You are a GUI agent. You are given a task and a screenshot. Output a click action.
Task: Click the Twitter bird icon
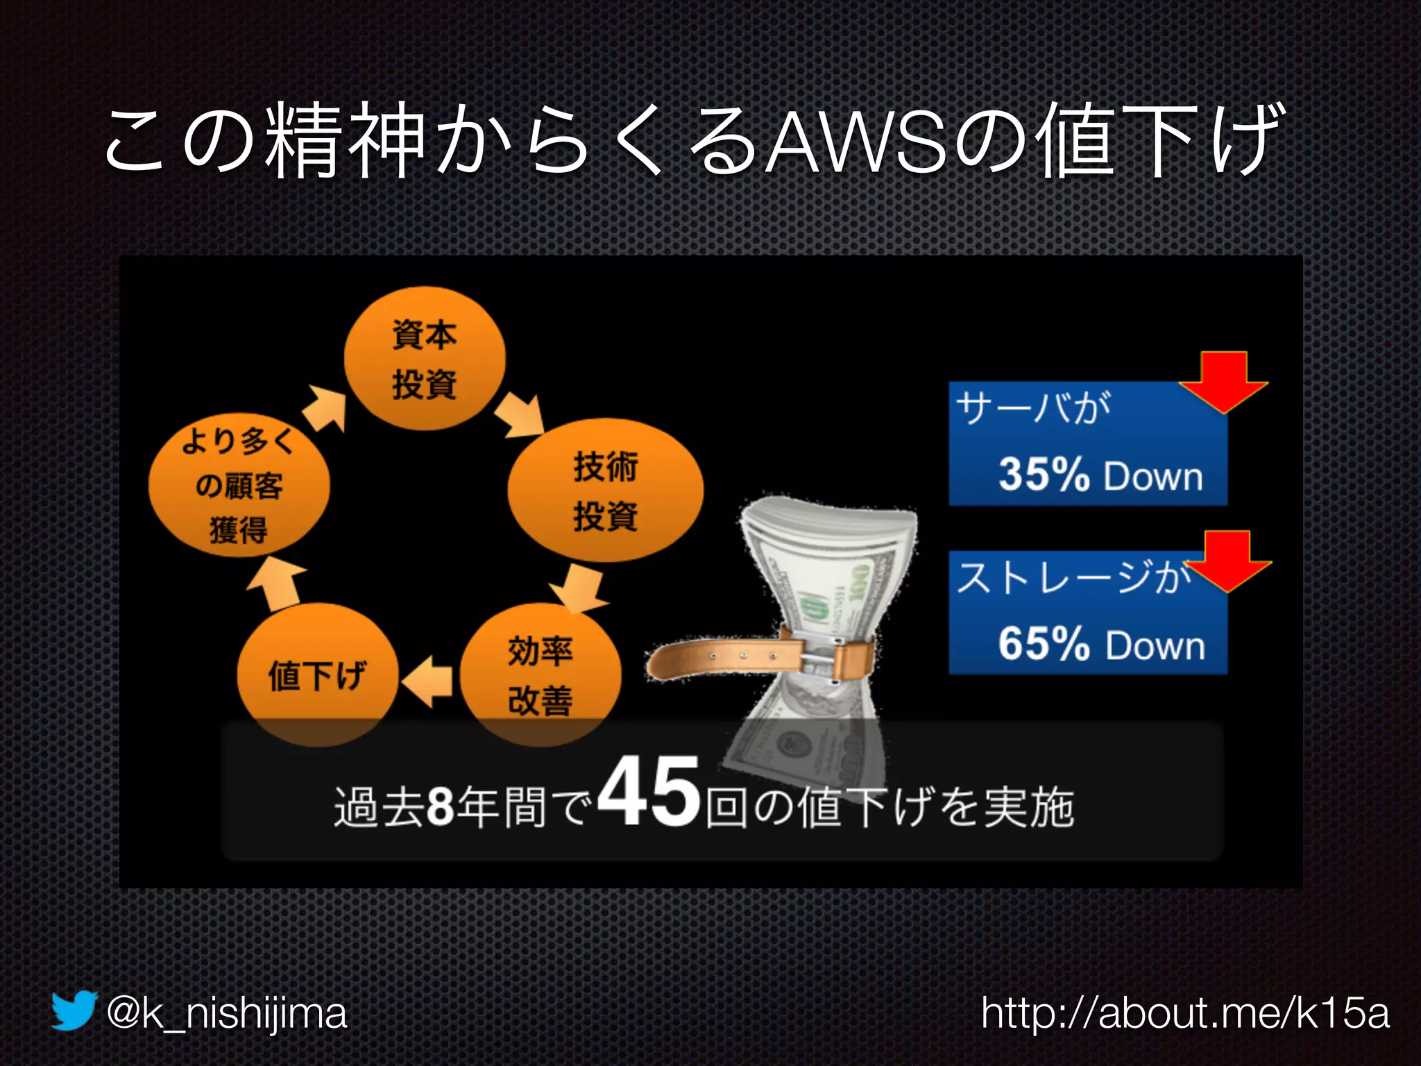pos(73,1010)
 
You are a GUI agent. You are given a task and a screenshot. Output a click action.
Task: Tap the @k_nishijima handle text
pos(226,1013)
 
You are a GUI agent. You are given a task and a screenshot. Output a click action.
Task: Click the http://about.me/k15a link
pos(1185,1013)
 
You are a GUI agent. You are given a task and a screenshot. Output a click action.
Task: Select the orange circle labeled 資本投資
pos(425,359)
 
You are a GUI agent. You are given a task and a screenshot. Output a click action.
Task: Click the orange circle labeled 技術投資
pos(605,490)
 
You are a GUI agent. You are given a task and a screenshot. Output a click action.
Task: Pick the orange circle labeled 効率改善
pos(540,675)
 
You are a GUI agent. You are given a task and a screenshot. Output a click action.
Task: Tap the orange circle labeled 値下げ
pos(317,675)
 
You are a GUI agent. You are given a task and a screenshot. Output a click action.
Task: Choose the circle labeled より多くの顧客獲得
pos(239,485)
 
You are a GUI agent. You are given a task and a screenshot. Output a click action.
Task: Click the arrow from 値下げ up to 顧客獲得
pos(276,583)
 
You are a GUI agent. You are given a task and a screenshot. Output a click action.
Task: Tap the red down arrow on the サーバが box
pos(1224,382)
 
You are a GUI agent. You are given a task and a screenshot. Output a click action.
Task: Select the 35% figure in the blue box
pos(1044,475)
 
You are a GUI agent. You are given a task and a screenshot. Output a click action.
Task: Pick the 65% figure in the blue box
pos(1044,643)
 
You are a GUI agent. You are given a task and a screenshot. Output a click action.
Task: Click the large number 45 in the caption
pos(648,792)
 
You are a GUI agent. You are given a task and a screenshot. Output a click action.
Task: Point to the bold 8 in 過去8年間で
pos(440,806)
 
